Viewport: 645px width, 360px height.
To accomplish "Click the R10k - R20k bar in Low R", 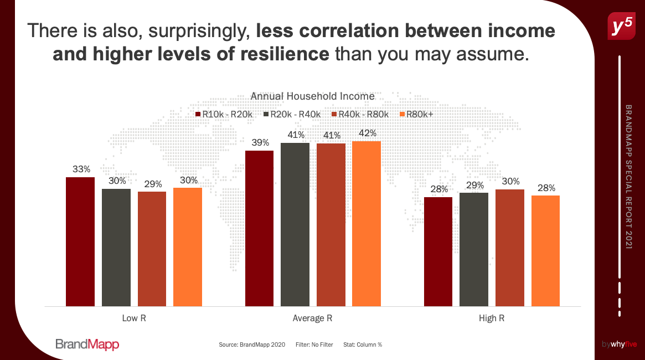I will [x=80, y=241].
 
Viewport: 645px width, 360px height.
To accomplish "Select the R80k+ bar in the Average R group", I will [x=367, y=224].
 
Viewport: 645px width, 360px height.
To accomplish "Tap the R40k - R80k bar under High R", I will [x=510, y=248].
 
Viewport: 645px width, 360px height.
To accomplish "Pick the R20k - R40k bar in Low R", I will [x=116, y=247].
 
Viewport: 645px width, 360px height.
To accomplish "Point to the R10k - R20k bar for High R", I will [x=438, y=251].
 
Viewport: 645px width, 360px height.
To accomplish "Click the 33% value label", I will [x=81, y=169].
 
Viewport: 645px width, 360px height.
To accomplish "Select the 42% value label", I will [x=367, y=133].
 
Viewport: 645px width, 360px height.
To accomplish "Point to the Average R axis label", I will [x=313, y=318].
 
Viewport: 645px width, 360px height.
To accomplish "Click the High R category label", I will [x=492, y=318].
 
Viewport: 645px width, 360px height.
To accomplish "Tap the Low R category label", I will [x=134, y=318].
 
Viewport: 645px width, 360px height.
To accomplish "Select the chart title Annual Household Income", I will [x=313, y=96].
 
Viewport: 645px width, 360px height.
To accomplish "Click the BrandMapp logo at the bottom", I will [x=87, y=344].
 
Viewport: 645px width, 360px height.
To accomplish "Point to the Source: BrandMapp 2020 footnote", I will [x=252, y=344].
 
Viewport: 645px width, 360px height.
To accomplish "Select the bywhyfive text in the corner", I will [x=620, y=344].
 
